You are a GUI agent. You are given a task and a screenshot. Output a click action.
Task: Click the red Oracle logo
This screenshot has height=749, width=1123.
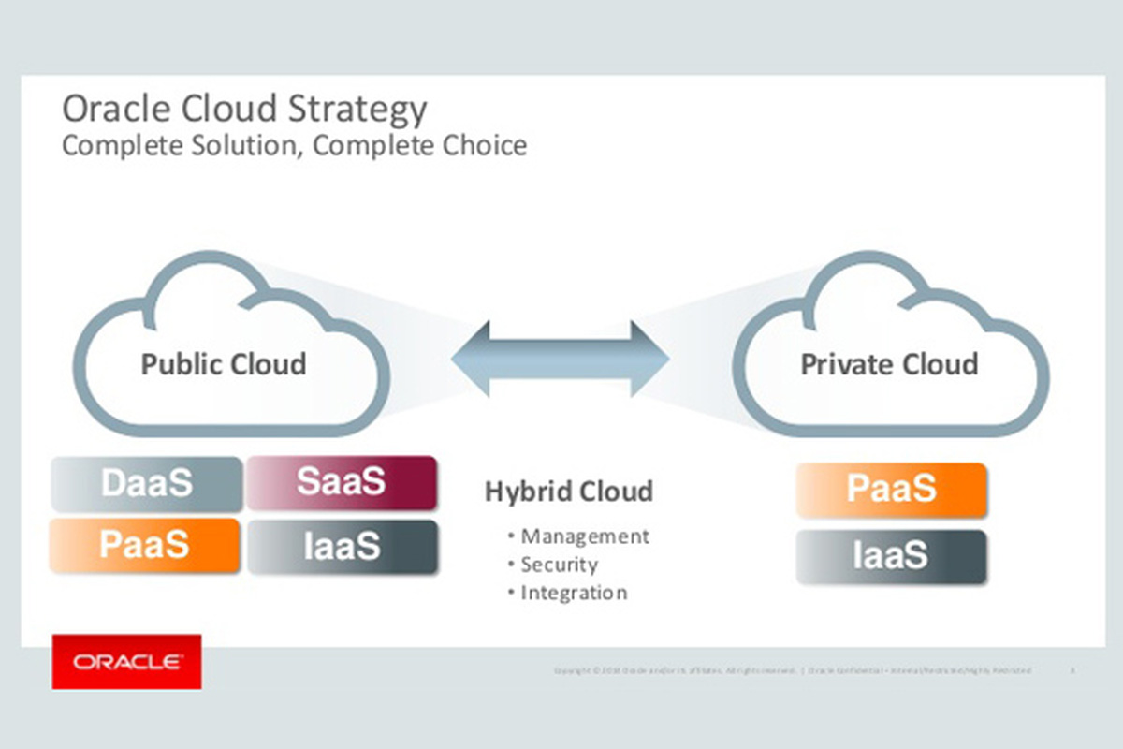[126, 662]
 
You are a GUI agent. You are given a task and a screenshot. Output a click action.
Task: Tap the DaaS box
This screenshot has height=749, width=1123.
[146, 484]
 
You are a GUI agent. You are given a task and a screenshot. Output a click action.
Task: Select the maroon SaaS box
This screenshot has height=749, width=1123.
[342, 482]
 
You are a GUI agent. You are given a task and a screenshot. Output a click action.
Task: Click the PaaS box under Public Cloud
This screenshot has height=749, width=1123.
[145, 545]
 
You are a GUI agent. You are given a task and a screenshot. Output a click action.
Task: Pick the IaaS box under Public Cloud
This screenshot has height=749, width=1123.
[343, 547]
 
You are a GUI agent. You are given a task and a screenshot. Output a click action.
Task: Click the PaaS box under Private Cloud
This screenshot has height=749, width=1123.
[891, 489]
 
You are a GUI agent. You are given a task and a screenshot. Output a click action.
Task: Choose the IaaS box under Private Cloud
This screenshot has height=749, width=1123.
[891, 556]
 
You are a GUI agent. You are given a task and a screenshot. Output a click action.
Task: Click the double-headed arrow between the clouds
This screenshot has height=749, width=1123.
[560, 360]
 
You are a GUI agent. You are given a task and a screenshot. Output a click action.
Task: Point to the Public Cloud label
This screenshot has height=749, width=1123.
[223, 363]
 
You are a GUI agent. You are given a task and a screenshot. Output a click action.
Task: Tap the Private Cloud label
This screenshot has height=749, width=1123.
[889, 363]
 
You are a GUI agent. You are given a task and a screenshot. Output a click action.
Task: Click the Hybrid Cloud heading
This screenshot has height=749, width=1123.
[568, 492]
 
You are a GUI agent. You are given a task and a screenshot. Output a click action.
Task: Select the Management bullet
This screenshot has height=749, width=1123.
[584, 536]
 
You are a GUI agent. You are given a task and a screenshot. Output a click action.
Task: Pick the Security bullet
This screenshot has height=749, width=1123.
[559, 565]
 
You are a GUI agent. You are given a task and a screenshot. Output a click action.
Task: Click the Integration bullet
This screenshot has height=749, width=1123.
[574, 593]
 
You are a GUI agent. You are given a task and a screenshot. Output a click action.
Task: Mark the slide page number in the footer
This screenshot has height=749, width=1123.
[1072, 671]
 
